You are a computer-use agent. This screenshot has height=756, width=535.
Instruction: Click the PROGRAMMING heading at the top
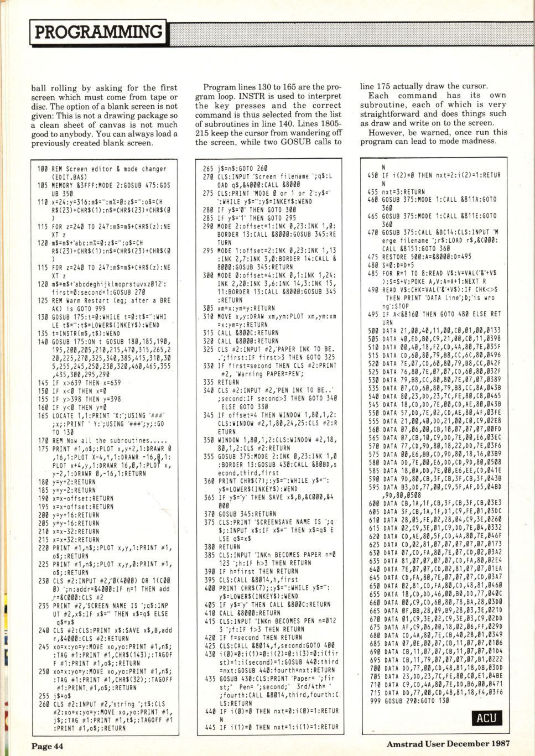point(98,32)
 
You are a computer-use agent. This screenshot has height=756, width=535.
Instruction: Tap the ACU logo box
point(487,717)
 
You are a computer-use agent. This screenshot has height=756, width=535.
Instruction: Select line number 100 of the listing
point(42,169)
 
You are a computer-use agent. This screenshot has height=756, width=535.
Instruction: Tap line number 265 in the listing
point(207,169)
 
